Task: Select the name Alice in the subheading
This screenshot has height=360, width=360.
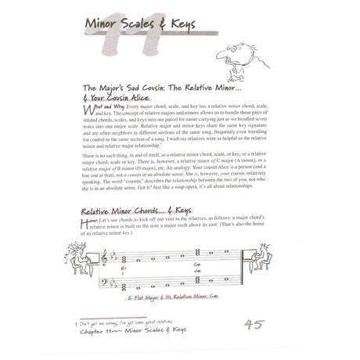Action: [148, 101]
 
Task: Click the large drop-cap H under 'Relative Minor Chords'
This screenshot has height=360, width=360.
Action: [85, 225]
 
